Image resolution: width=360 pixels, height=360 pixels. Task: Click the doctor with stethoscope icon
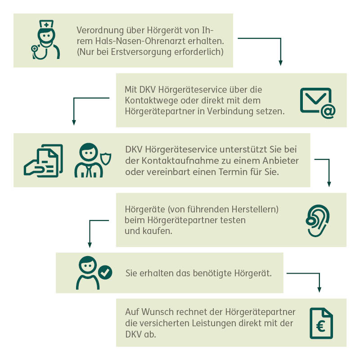point(45,40)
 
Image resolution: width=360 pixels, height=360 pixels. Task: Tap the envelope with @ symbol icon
point(318,103)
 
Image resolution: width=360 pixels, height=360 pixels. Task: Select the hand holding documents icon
point(43,161)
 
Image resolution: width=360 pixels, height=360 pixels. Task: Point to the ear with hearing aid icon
point(318,220)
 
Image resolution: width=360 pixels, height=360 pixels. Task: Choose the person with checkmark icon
point(94,273)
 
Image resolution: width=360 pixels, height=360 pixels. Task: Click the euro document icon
point(321,323)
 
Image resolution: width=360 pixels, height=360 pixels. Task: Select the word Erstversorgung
point(141,52)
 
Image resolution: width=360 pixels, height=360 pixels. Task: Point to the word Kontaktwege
point(151,100)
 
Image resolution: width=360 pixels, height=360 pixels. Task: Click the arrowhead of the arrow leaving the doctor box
point(280,63)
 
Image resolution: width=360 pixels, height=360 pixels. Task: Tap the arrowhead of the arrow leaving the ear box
point(90,245)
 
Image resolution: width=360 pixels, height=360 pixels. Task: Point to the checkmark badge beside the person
point(105,272)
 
